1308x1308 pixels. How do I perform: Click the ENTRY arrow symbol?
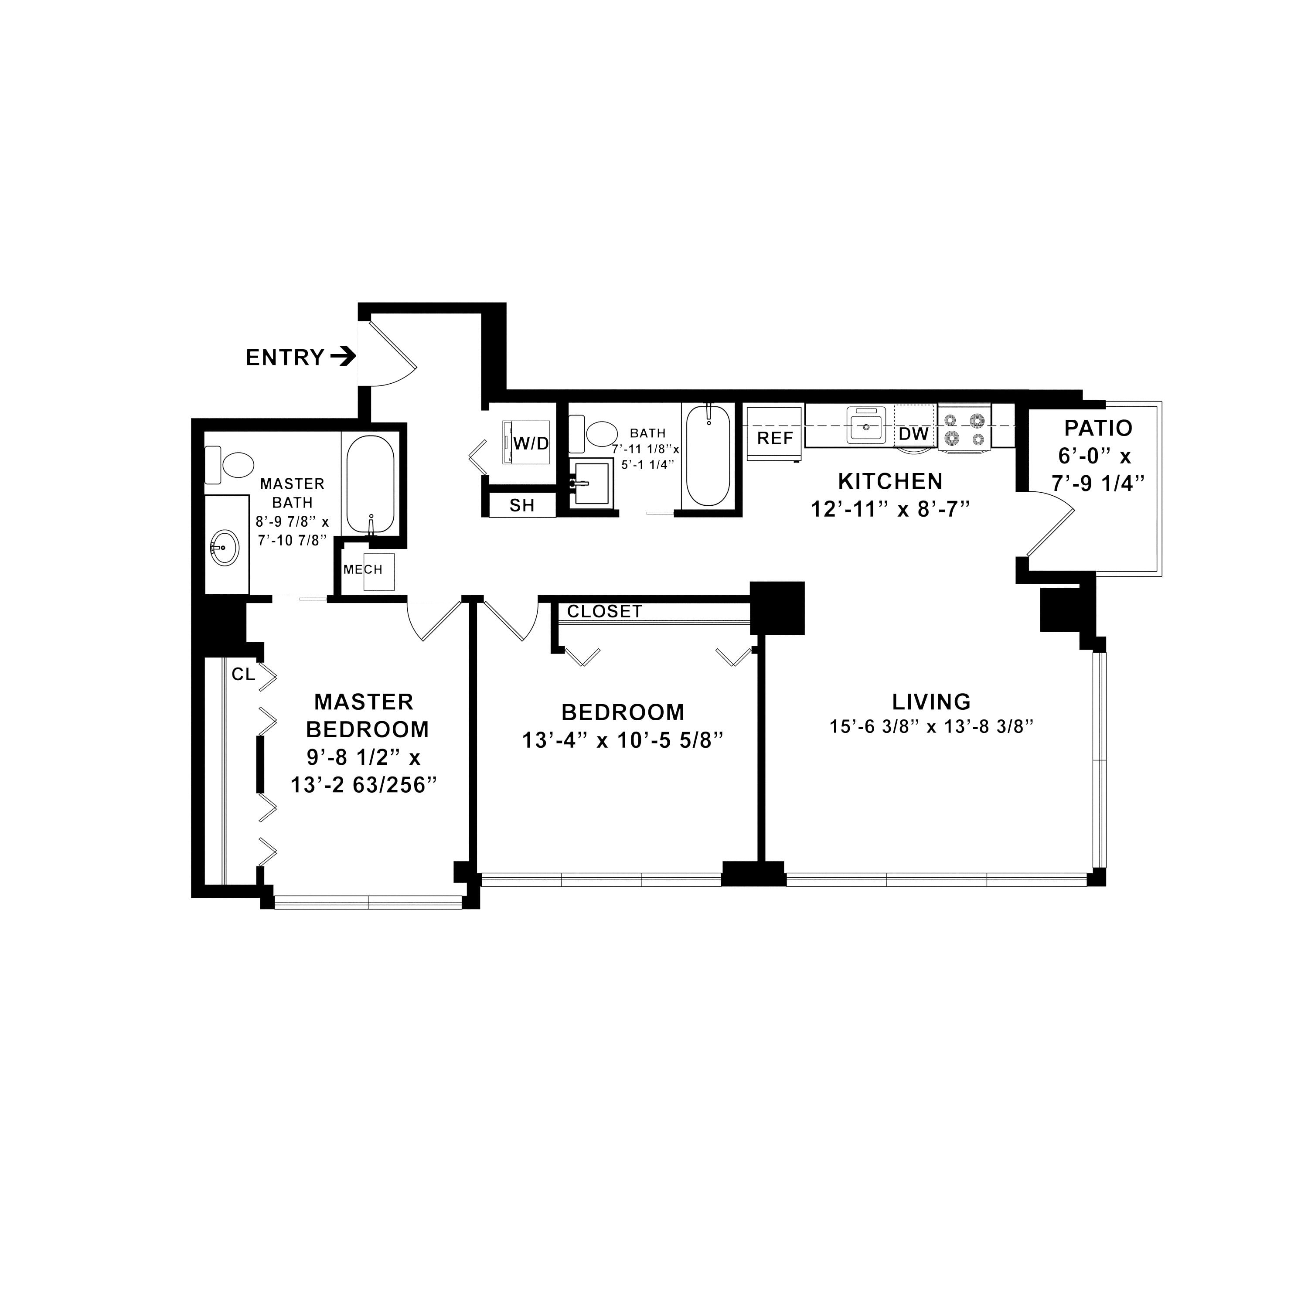point(343,356)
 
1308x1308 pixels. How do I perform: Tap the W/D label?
point(531,443)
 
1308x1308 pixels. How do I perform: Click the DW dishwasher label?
point(914,434)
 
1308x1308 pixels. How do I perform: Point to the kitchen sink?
point(867,425)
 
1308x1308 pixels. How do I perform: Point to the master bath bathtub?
point(370,484)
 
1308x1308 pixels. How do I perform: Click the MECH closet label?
point(363,569)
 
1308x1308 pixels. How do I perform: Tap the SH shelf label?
point(522,505)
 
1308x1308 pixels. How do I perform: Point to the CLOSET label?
point(605,611)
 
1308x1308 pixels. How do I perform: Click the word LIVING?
point(931,702)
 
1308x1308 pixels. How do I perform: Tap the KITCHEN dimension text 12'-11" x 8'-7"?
point(891,509)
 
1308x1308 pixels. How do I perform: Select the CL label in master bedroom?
point(243,674)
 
